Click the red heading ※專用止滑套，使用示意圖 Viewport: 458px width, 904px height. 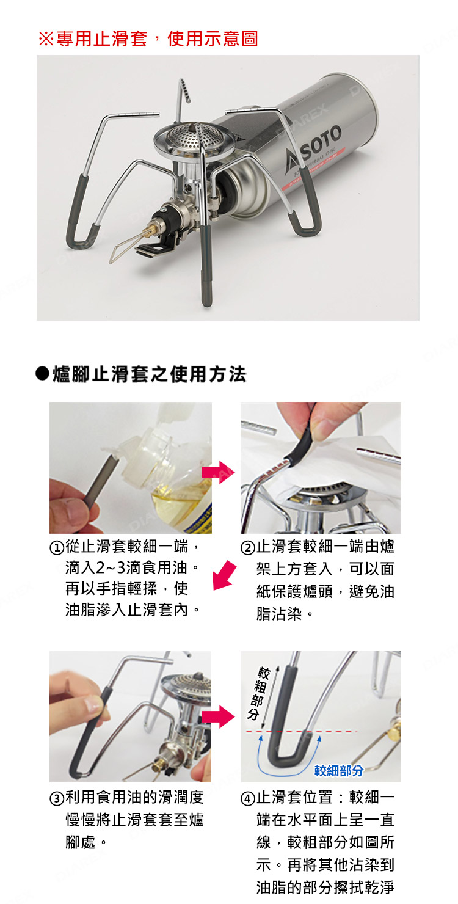point(148,39)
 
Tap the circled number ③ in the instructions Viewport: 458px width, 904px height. point(58,798)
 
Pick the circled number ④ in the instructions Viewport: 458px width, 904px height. point(249,798)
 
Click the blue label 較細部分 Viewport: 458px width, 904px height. point(339,771)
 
